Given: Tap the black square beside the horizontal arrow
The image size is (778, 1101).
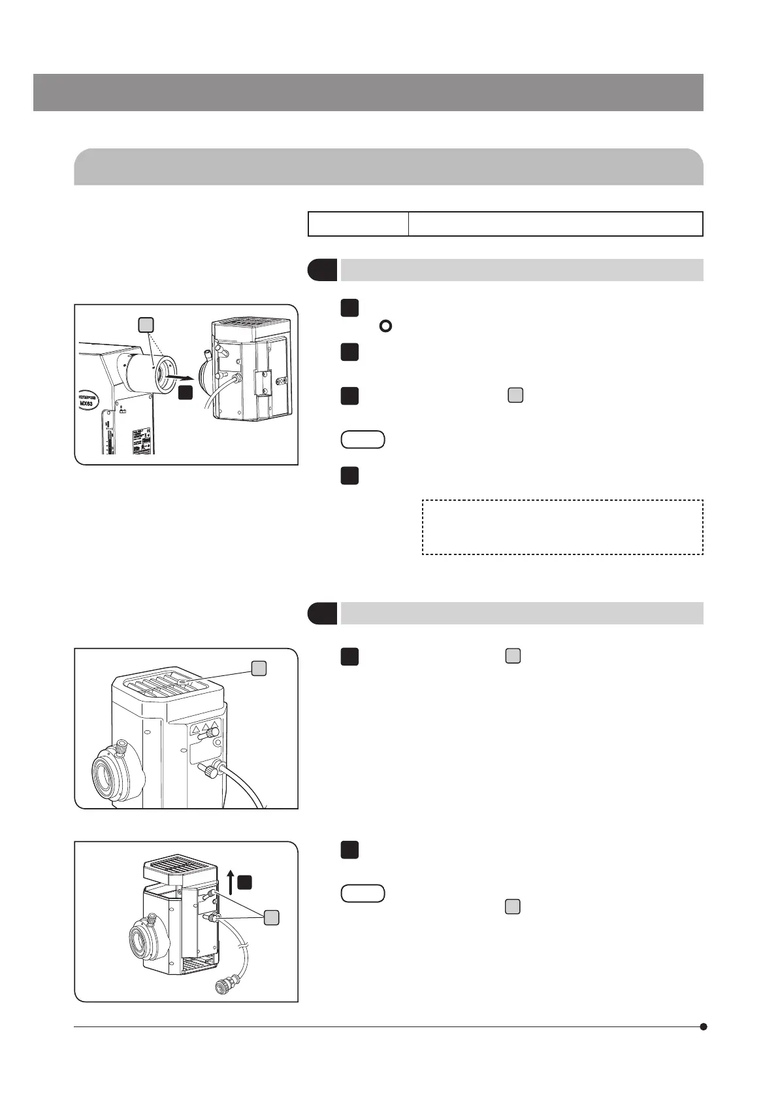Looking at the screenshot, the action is [186, 392].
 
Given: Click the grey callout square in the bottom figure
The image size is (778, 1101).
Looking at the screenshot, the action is [272, 917].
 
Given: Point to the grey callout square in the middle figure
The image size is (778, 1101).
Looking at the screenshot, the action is [259, 667].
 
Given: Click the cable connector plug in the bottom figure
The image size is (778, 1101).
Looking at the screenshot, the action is [228, 982].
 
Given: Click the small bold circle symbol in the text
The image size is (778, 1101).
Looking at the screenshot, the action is [385, 326].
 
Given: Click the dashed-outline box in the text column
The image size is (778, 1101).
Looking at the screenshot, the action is [562, 527].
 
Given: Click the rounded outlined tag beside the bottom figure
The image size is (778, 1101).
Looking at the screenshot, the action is [363, 893].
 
